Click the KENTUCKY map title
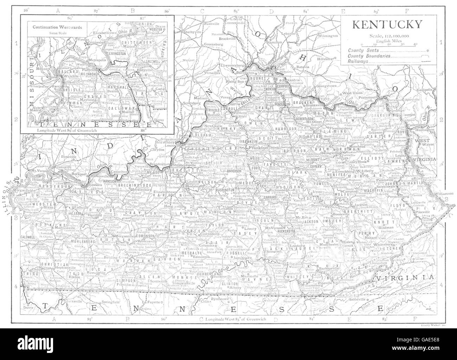(x=387, y=25)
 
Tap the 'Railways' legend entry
(x=358, y=61)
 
